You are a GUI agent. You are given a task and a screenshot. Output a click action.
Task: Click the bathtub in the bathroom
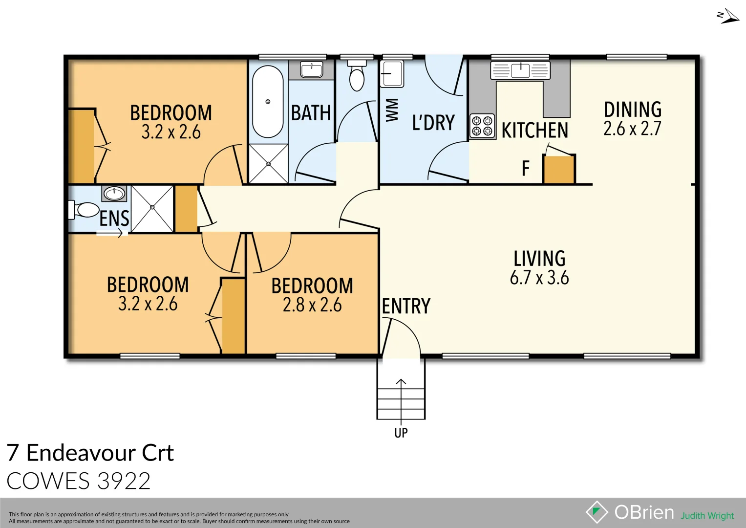point(268,102)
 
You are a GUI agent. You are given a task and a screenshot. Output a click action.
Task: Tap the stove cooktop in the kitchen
point(482,126)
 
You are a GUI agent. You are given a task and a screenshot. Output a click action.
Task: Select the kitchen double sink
point(520,70)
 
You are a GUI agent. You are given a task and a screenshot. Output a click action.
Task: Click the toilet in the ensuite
point(85,210)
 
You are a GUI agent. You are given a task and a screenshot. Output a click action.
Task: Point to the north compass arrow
point(728,17)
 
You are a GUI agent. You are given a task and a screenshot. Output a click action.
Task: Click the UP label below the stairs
point(401,433)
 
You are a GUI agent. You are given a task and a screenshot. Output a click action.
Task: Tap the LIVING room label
point(539,259)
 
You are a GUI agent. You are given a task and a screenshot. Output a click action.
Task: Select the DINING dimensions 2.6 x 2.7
point(632,129)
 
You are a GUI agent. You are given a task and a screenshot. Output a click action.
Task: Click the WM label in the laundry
point(392,110)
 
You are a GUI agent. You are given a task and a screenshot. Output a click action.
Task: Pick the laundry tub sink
point(392,74)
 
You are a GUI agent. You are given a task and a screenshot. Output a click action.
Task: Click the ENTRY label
point(406,307)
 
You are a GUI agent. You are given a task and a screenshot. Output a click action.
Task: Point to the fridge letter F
point(526,169)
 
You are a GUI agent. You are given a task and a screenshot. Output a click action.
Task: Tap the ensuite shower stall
point(152,208)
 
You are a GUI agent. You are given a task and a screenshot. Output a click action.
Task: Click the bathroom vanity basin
point(311,70)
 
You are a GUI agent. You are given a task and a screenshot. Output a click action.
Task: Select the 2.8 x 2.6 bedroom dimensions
point(312,305)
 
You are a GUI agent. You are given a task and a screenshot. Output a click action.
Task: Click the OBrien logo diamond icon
point(597,512)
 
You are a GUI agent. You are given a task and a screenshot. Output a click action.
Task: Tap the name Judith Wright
point(707,516)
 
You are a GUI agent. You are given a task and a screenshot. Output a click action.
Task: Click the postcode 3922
point(124,481)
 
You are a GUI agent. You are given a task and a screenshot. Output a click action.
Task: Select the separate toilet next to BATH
point(357,77)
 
